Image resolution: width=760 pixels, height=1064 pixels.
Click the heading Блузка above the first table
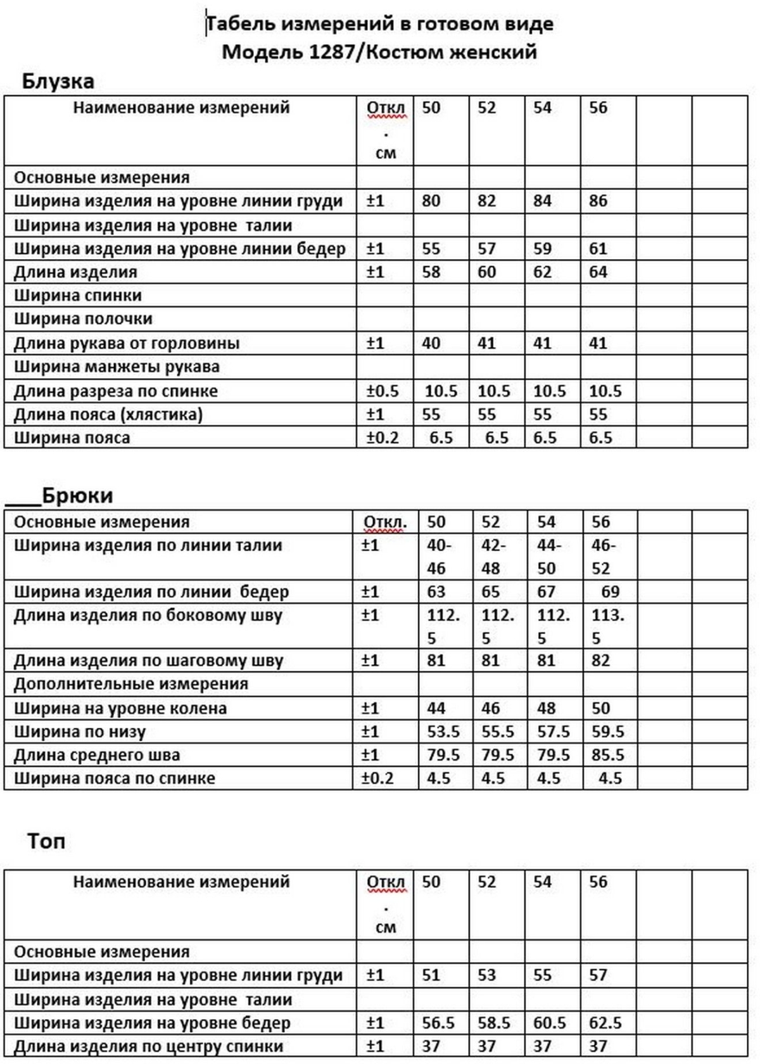pyautogui.click(x=58, y=81)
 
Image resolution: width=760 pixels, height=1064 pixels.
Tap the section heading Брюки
pyautogui.click(x=77, y=495)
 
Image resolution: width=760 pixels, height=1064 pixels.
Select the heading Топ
pyautogui.click(x=46, y=842)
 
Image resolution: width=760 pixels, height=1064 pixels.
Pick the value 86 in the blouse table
pyautogui.click(x=598, y=201)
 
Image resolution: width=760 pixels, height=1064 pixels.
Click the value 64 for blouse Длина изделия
pyautogui.click(x=598, y=272)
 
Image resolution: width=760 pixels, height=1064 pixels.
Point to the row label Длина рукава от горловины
pyautogui.click(x=127, y=344)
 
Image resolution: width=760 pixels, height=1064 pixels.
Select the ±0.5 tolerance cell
pyautogui.click(x=383, y=391)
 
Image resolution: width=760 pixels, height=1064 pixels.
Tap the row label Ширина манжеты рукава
pyautogui.click(x=117, y=367)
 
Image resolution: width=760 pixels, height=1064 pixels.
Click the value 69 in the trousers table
pyautogui.click(x=610, y=592)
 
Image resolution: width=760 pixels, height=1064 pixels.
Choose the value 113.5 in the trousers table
pyautogui.click(x=607, y=626)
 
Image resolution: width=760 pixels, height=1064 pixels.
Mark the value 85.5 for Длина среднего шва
pyautogui.click(x=607, y=755)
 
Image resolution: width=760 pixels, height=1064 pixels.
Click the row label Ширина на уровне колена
pyautogui.click(x=120, y=708)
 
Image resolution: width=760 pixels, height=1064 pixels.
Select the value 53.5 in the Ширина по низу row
pyautogui.click(x=443, y=731)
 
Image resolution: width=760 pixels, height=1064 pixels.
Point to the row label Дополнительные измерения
pyautogui.click(x=131, y=684)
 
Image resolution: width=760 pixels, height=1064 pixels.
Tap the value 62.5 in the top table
pyautogui.click(x=605, y=1023)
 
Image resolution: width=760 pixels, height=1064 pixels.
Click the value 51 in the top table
pyautogui.click(x=431, y=975)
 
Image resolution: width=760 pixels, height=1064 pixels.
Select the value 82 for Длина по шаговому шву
pyautogui.click(x=600, y=661)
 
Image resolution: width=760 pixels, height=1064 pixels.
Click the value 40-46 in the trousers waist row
pyautogui.click(x=439, y=557)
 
